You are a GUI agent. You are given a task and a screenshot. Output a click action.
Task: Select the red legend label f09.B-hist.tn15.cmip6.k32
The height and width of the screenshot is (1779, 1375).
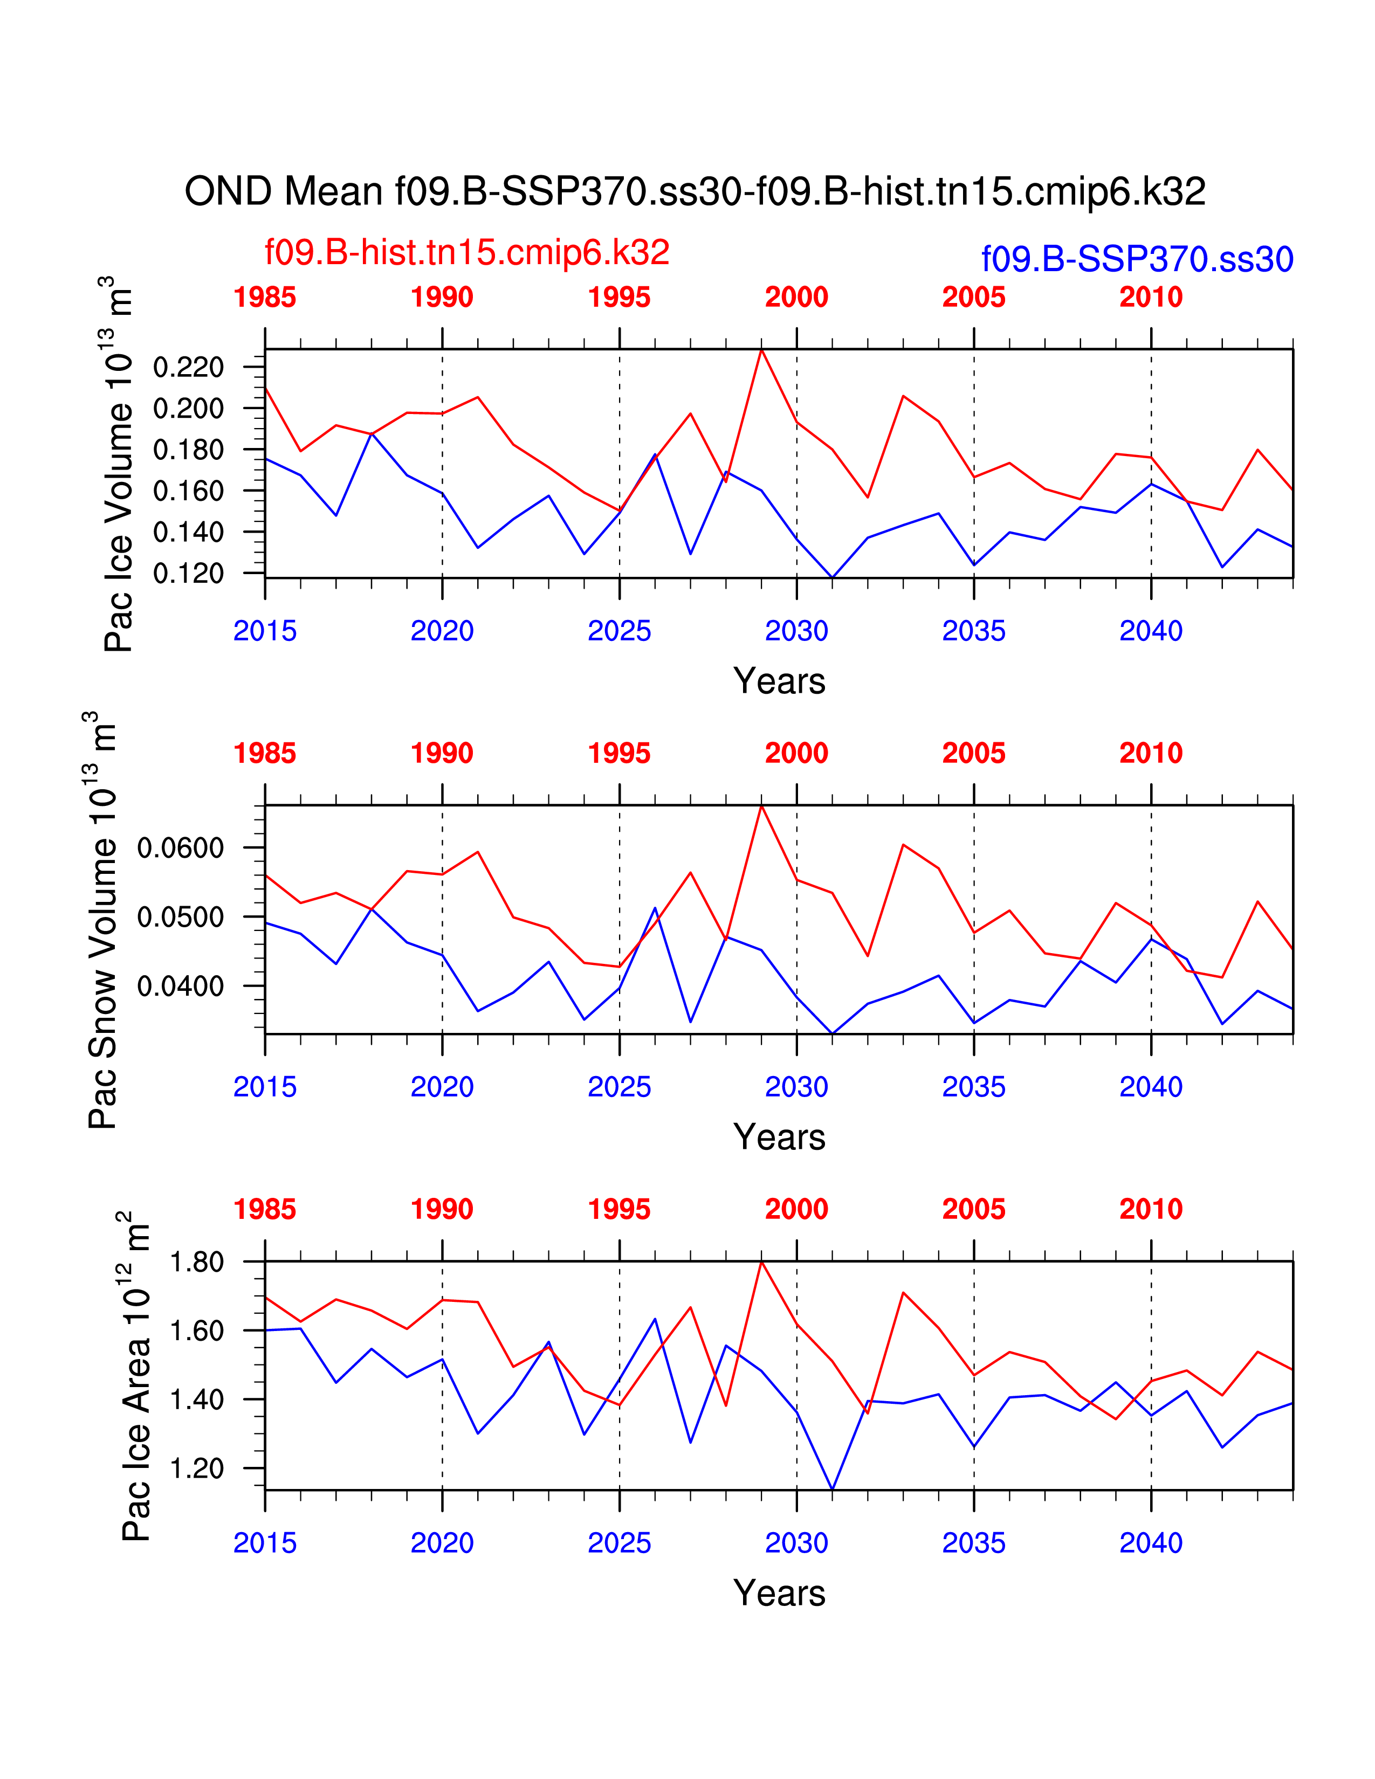coord(467,252)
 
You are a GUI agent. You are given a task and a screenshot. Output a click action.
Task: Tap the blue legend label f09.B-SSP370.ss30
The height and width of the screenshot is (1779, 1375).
coord(1137,259)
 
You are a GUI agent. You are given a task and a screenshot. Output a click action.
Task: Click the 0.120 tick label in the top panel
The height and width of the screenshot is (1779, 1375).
coord(188,574)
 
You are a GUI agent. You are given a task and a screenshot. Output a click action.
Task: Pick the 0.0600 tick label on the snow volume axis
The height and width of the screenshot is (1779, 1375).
coord(180,848)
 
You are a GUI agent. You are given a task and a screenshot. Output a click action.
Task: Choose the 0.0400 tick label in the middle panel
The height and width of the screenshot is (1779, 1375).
coord(180,987)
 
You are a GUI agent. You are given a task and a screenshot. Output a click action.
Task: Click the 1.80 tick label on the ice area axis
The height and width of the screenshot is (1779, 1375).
coord(196,1262)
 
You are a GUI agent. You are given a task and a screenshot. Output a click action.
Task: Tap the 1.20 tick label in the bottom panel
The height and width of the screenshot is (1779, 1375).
coord(196,1468)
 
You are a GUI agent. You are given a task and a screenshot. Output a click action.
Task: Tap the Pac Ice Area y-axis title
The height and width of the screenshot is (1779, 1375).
coord(135,1377)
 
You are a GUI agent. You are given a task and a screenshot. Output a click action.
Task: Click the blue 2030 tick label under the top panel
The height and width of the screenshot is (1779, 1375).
coord(796,631)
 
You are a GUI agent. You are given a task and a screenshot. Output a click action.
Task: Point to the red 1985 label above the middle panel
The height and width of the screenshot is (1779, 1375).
coord(265,754)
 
